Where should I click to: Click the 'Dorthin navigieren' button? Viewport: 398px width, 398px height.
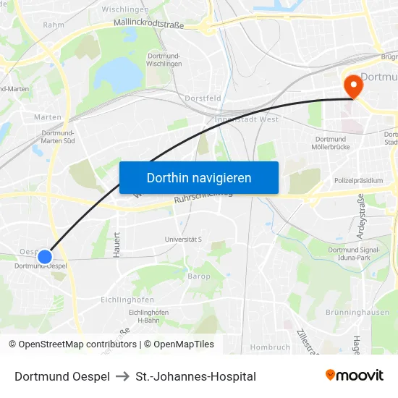point(199,177)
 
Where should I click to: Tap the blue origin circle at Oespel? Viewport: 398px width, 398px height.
point(45,256)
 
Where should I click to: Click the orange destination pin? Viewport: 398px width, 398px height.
point(354,87)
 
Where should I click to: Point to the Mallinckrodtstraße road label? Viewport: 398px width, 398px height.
point(149,24)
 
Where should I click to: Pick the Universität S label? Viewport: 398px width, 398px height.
point(183,239)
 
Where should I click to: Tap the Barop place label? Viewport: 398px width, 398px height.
point(199,276)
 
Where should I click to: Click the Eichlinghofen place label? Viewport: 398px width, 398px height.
point(127,299)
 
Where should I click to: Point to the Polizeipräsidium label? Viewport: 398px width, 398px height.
point(358,180)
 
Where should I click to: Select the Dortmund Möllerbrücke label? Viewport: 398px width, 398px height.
point(331,143)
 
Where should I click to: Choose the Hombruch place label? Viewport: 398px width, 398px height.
point(270,347)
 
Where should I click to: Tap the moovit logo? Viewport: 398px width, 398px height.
point(355,375)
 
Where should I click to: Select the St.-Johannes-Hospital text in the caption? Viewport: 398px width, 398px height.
point(195,376)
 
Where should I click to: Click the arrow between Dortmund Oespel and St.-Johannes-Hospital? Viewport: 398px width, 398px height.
point(122,376)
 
